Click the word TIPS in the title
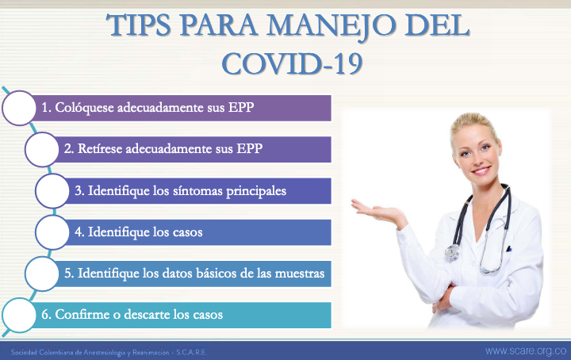[139, 25]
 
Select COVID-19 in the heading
[292, 63]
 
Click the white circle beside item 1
[19, 108]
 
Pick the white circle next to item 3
[52, 191]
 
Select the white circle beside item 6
[19, 316]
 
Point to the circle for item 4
[52, 232]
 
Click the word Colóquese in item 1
[85, 108]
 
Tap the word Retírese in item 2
[100, 149]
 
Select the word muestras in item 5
[299, 274]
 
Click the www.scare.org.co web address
[526, 351]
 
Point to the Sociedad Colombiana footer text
[109, 352]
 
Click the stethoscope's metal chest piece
[452, 252]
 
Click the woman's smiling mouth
[481, 170]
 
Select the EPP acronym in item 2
[250, 148]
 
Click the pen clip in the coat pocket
[508, 249]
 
